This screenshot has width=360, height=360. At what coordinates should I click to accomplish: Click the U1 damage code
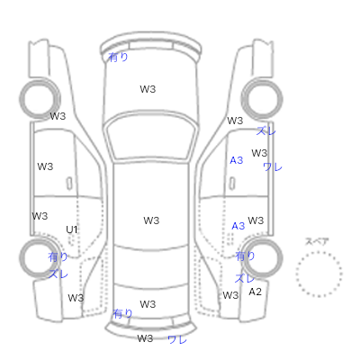[72, 229]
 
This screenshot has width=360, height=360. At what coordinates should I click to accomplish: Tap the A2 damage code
[255, 292]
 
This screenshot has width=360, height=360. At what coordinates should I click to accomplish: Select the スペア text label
[317, 241]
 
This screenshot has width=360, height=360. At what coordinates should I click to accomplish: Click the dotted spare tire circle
[319, 252]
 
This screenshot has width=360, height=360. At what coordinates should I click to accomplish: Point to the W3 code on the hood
[148, 89]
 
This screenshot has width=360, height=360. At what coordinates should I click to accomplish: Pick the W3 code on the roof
[151, 220]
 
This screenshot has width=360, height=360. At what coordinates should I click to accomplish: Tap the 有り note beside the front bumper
[118, 57]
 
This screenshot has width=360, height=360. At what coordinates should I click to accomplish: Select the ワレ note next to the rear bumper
[177, 339]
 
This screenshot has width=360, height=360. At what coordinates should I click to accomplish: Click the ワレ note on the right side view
[273, 166]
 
